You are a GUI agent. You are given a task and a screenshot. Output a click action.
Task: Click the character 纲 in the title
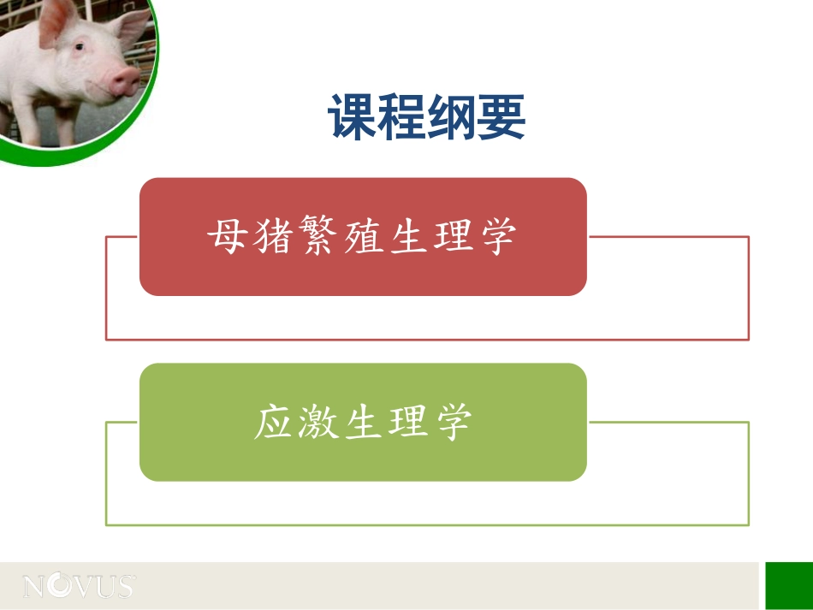pos(451,118)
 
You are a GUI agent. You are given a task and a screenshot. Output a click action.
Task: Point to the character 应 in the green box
pos(274,422)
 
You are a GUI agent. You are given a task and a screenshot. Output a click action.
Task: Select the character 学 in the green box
pos(453,422)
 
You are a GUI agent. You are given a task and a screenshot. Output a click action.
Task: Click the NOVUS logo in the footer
pos(79,587)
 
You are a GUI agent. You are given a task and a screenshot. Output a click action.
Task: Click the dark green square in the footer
pos(788,585)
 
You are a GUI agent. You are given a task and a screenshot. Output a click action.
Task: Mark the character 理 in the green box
pos(408,422)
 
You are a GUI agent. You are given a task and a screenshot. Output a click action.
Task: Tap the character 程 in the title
pos(402,118)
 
